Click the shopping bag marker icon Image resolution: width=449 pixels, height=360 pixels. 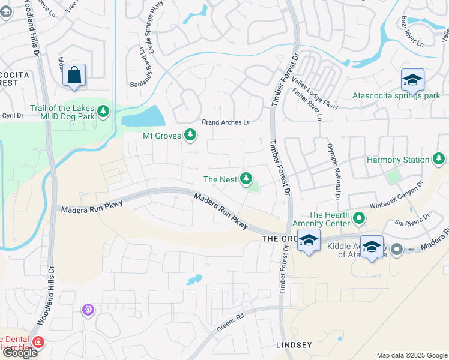(74, 75)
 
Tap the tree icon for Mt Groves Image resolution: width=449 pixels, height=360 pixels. (190, 135)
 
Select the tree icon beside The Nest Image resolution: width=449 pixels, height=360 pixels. (246, 178)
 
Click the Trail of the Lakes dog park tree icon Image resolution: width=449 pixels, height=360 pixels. (103, 111)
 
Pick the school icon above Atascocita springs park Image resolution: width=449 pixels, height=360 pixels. (412, 80)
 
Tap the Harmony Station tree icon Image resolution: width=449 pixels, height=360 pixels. (439, 159)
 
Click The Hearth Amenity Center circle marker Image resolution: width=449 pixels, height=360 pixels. (360, 218)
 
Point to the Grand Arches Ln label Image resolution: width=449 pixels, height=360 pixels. (226, 122)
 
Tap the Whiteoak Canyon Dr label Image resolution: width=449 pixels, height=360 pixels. (396, 195)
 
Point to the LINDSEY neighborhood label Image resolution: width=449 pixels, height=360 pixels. (294, 345)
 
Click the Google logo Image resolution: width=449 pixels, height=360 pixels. (20, 353)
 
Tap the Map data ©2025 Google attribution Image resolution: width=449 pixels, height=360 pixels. (411, 355)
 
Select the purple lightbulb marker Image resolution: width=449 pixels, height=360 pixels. (88, 310)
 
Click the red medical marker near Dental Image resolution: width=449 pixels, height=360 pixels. (38, 343)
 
